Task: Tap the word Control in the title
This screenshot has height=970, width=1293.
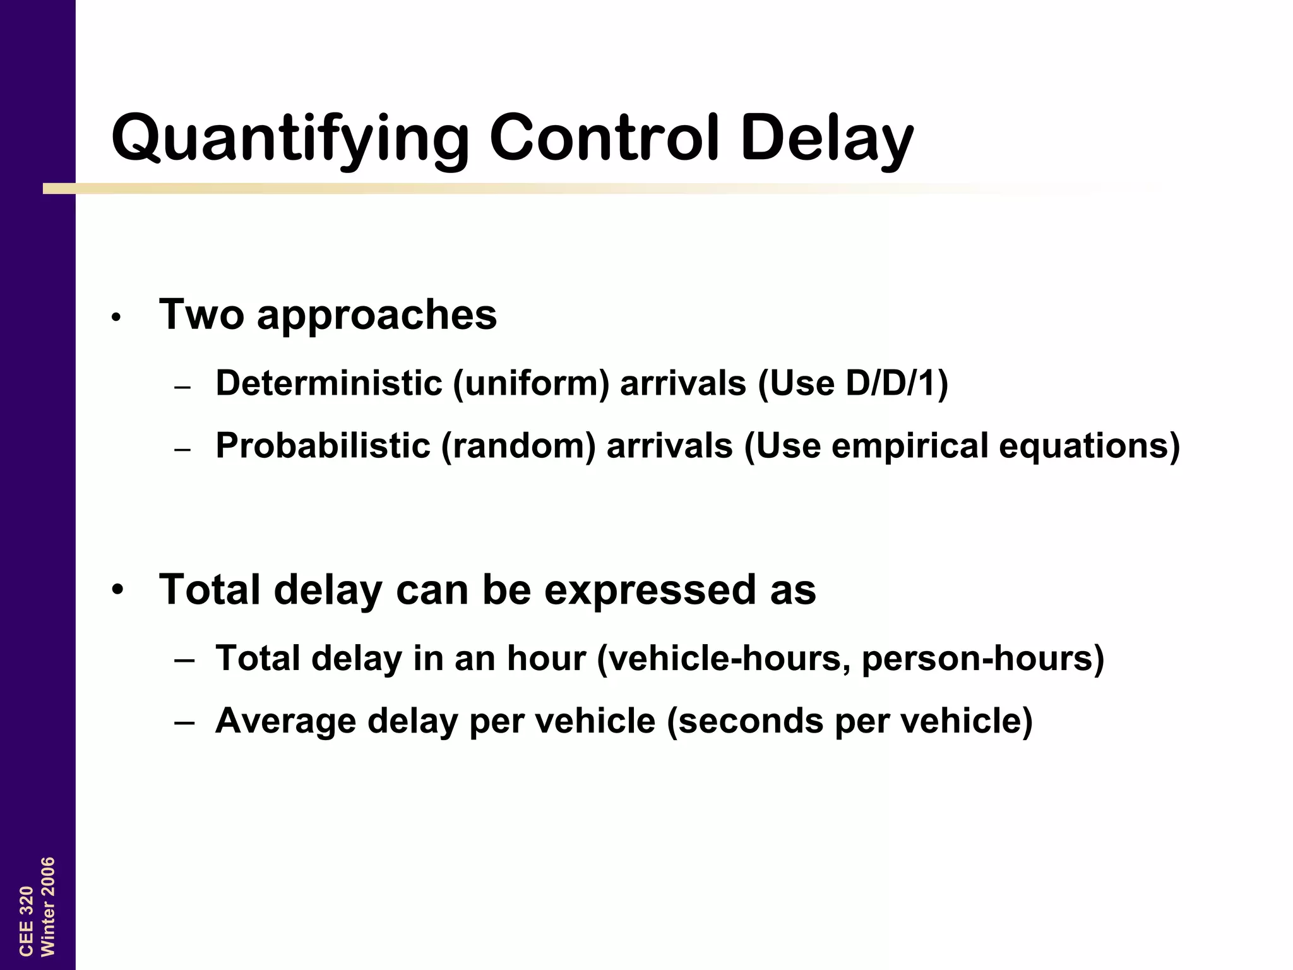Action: (604, 137)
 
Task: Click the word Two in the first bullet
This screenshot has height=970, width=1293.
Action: (201, 314)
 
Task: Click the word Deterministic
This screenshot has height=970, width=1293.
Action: (328, 383)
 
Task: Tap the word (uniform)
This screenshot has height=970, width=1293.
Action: (531, 383)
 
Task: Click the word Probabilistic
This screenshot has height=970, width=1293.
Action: (323, 446)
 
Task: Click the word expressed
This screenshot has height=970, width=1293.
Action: (650, 590)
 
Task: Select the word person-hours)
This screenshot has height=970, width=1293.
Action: (982, 659)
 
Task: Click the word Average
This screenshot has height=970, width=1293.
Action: (285, 721)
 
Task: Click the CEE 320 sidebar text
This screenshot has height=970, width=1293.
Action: (26, 921)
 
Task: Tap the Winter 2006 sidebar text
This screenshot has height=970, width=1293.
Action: (48, 906)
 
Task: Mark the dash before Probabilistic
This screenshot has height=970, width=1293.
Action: (182, 450)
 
